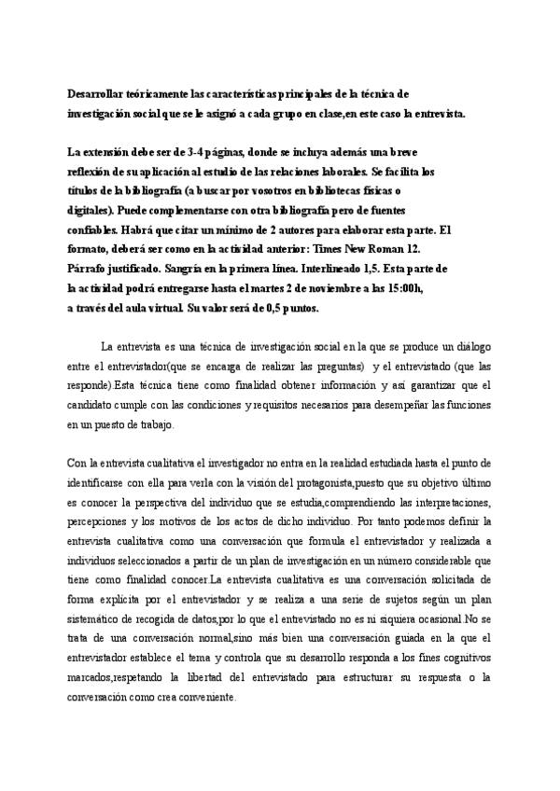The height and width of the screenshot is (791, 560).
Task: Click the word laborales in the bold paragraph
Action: click(343, 173)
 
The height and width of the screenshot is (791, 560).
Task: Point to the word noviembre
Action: click(326, 287)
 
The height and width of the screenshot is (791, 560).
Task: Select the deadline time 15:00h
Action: click(402, 287)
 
